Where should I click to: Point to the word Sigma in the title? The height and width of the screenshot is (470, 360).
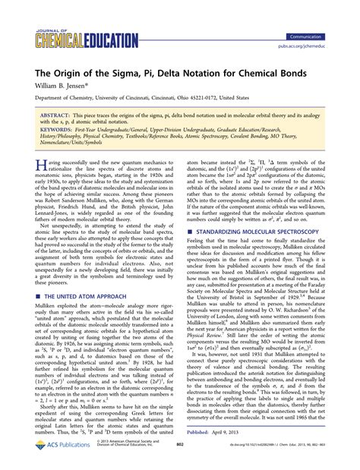click(143, 71)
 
